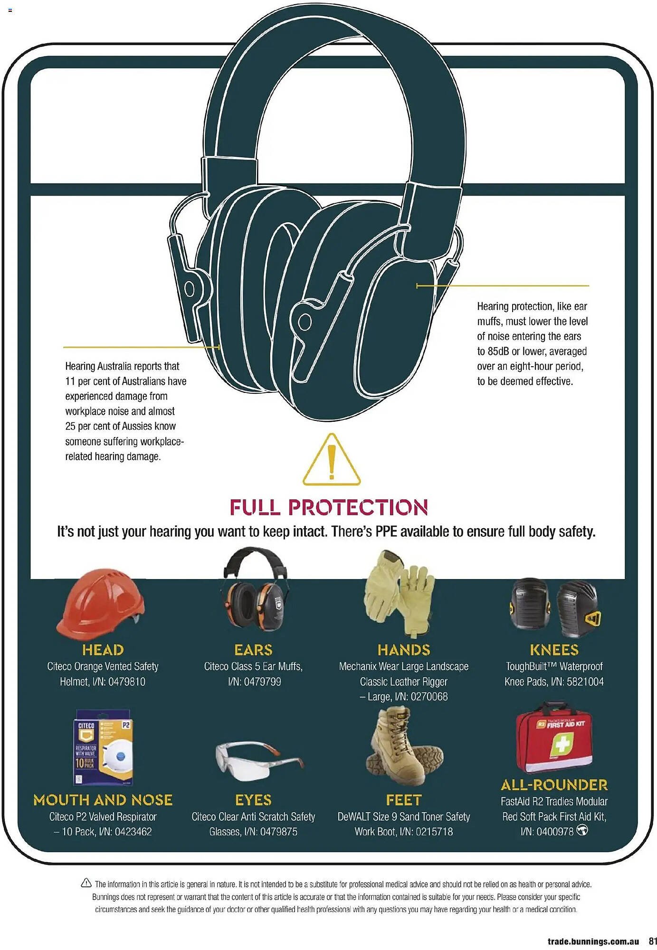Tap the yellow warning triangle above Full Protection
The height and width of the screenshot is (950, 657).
tap(332, 459)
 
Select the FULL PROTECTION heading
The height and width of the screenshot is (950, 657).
tap(329, 507)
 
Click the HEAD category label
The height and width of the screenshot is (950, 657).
tap(103, 650)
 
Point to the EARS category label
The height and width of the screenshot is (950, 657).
tap(253, 650)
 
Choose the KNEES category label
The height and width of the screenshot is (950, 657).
tap(554, 650)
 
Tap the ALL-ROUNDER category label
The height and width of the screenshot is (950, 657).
tap(554, 785)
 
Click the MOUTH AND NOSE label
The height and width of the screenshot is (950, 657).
tap(103, 800)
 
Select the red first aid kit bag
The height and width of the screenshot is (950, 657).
tap(554, 738)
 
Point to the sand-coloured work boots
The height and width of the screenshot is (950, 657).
tap(404, 746)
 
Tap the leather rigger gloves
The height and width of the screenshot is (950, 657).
tap(399, 593)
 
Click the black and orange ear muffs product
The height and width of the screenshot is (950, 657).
tap(255, 589)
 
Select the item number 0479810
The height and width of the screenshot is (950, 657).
tap(127, 682)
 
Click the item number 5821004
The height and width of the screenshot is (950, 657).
tap(585, 682)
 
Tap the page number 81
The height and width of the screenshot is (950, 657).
tap(653, 941)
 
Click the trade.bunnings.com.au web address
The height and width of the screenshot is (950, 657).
tap(593, 941)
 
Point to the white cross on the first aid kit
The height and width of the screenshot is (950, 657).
tap(562, 743)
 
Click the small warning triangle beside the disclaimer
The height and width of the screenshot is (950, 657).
tap(86, 883)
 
